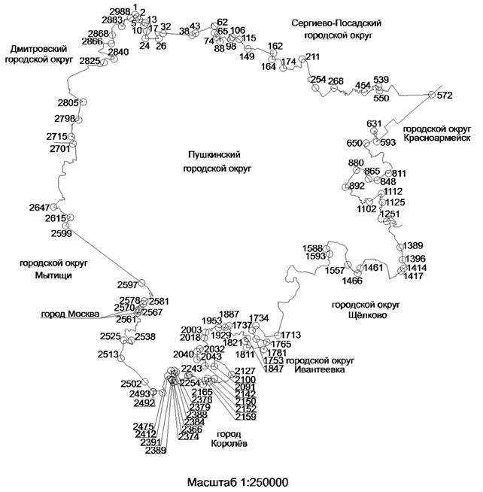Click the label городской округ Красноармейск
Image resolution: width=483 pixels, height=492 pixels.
436,133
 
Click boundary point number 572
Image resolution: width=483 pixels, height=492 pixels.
445,96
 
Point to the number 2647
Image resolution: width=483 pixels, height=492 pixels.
38,208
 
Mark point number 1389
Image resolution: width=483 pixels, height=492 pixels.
413,246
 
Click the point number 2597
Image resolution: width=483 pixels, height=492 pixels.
128,284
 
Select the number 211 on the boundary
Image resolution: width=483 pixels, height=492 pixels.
313,57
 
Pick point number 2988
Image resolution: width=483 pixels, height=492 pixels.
119,12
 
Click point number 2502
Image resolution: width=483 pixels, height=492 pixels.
131,384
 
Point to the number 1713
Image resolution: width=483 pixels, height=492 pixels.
290,335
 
